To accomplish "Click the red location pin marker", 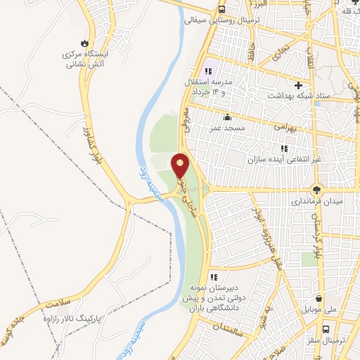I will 181,166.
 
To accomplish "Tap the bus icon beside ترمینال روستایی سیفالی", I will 221,10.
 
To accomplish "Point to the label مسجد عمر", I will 226,129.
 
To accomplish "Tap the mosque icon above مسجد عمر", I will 226,117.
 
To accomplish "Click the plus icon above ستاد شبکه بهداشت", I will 298,84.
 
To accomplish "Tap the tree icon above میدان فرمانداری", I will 318,190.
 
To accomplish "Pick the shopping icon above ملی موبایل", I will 320,297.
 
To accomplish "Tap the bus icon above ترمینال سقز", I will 326,329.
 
